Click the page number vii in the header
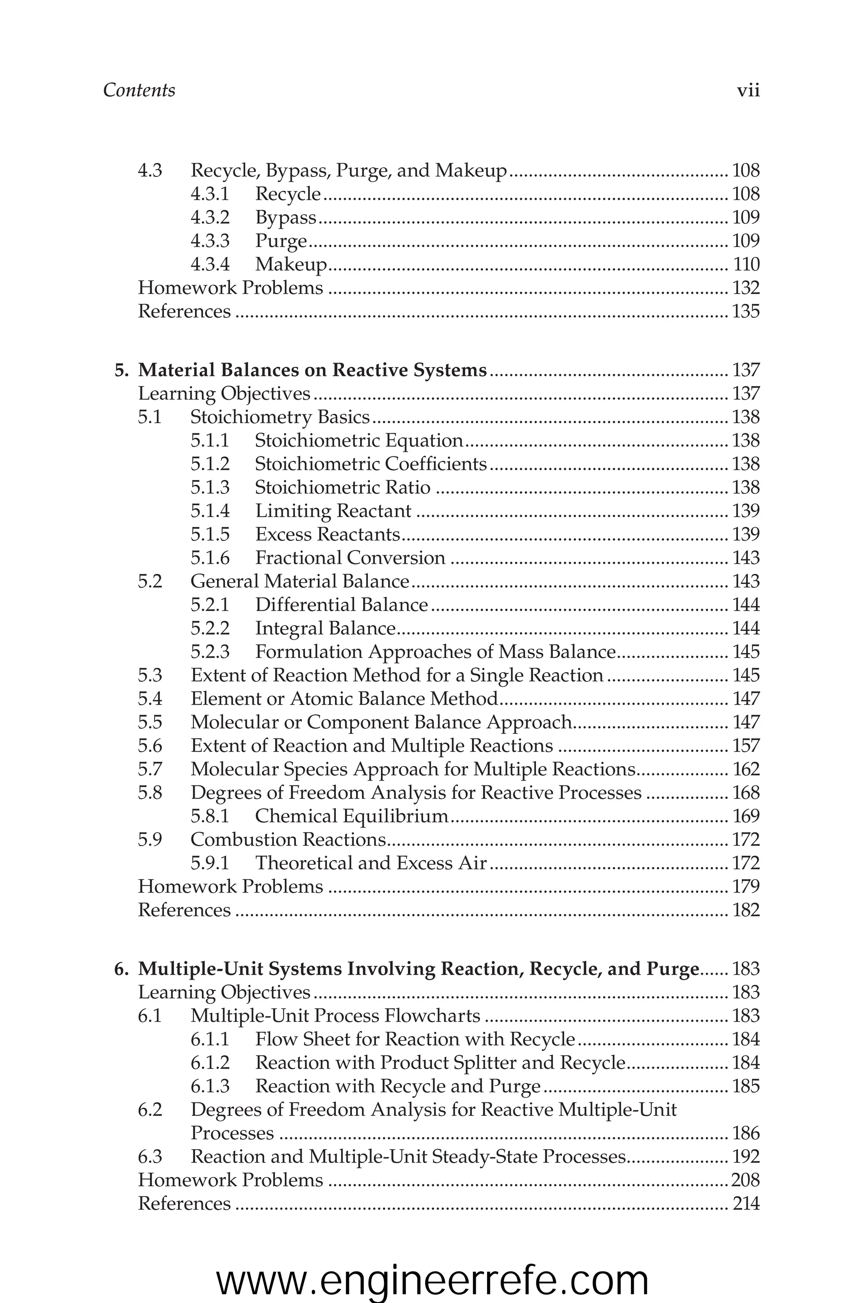click(748, 90)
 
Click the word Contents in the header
click(139, 90)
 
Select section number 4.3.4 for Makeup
click(210, 265)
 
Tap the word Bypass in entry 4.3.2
click(286, 218)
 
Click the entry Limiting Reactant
click(333, 511)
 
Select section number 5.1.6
click(210, 558)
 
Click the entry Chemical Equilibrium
click(352, 816)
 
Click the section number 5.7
click(150, 769)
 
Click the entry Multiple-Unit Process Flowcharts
click(335, 1016)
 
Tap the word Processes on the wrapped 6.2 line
click(232, 1134)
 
